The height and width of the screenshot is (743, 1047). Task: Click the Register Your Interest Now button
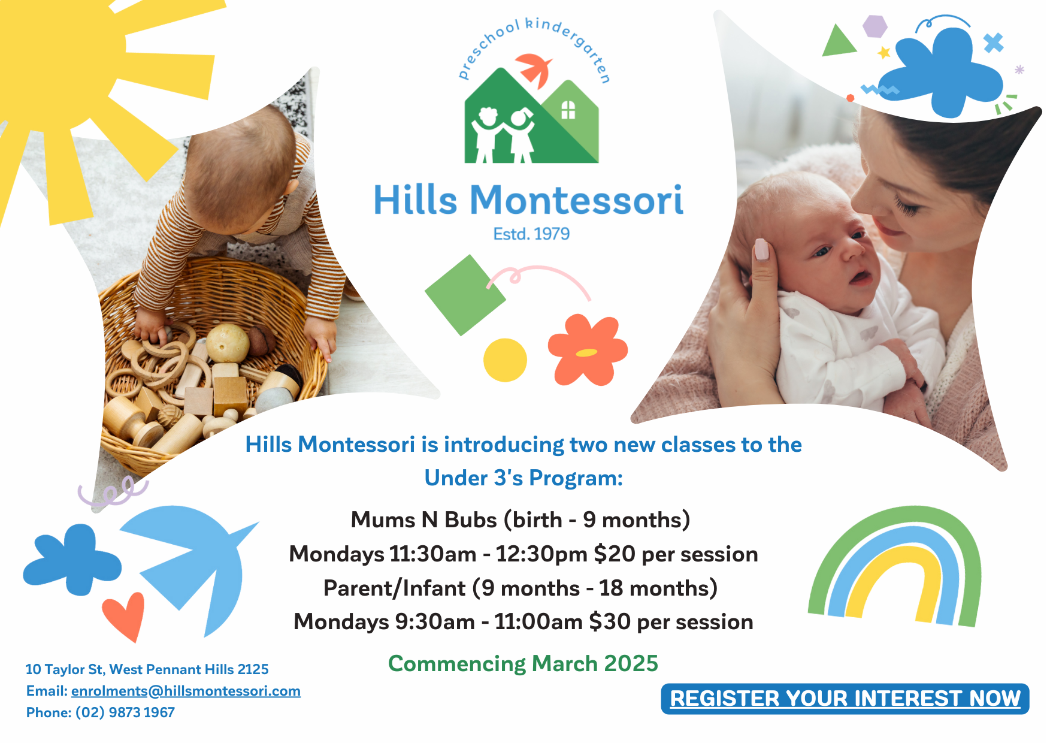point(845,699)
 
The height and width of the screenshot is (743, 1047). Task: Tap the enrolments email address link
point(186,691)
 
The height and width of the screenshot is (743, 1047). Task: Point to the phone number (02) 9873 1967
point(125,712)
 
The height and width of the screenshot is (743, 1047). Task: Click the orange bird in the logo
point(534,69)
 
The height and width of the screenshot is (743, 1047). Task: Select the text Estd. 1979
point(531,234)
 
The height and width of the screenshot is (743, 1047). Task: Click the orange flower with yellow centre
point(588,350)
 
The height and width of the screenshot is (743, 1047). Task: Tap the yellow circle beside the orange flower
point(505,360)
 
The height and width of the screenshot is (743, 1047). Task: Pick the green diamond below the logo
point(465,295)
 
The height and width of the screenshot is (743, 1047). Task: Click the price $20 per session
point(676,554)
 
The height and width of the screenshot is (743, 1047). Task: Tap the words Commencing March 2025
point(523,664)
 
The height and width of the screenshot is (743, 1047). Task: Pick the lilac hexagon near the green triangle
point(875,26)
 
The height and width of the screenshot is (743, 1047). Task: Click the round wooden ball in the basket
point(228,343)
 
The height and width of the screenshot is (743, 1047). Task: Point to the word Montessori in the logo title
point(576,200)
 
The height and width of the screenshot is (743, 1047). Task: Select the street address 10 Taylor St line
point(147,669)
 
